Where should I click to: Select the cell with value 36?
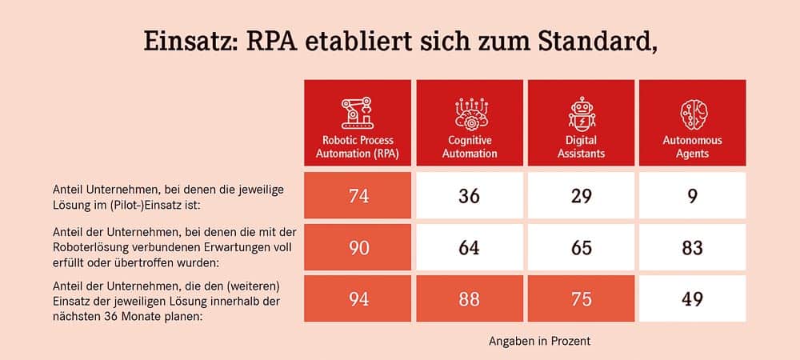[x=470, y=195]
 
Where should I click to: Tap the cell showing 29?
[x=581, y=195]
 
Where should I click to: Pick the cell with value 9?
[x=692, y=195]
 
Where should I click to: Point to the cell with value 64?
[x=470, y=247]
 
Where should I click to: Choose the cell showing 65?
[x=581, y=247]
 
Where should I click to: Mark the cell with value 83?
[x=692, y=247]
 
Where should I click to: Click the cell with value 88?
[x=470, y=298]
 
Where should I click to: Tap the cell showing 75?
[x=581, y=298]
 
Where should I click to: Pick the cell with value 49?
[x=692, y=298]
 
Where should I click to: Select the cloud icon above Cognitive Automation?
[x=470, y=113]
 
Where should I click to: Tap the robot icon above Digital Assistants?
[x=581, y=113]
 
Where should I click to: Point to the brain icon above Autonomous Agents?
[x=692, y=112]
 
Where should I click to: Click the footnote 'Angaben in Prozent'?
[x=539, y=341]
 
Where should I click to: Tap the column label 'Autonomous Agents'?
[x=692, y=146]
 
